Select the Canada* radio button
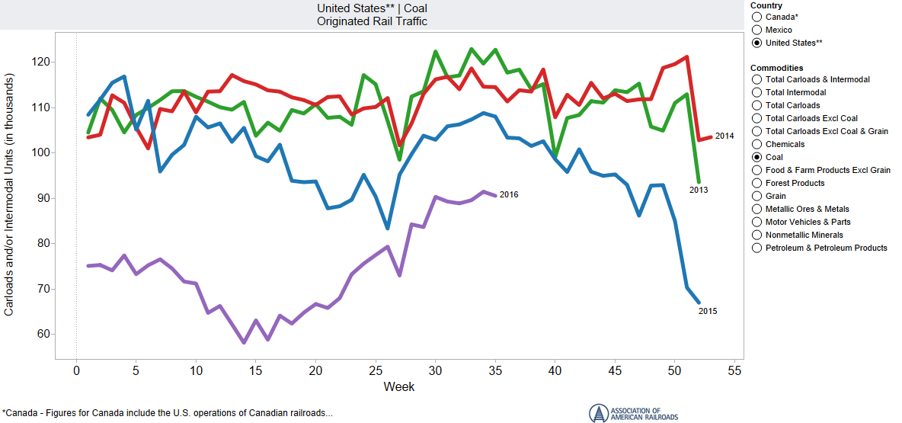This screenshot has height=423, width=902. point(756,17)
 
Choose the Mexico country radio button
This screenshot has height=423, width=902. point(756,30)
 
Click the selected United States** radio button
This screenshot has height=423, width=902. point(756,43)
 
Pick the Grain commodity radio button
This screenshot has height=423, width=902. point(756,196)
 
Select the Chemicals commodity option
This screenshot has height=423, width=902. point(756,144)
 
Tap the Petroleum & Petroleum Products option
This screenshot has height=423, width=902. point(756,248)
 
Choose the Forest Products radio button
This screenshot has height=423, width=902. point(756,183)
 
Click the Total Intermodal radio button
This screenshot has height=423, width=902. point(756,92)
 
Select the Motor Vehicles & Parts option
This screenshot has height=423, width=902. point(756,222)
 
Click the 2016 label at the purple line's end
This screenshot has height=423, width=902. point(509,195)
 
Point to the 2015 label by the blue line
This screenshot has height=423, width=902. point(708,311)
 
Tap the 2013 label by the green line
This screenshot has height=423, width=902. point(699,190)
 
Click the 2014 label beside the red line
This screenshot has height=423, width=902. point(724,136)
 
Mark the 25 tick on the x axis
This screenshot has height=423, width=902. point(375,370)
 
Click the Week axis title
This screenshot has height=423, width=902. point(398,387)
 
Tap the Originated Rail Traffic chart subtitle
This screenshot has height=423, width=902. point(372,21)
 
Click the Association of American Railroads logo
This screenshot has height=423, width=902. point(633,412)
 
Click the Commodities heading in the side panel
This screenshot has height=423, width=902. point(776,68)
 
